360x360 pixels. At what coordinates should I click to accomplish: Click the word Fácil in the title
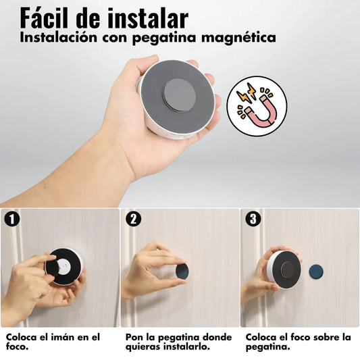tap(51, 17)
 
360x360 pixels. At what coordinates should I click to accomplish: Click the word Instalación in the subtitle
tap(60, 38)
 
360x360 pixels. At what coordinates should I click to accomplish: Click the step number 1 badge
tap(11, 219)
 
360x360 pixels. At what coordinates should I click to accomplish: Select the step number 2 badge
tap(133, 219)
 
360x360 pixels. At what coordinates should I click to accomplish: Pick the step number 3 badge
tap(253, 219)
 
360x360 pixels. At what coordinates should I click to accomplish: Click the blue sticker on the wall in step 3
tap(317, 270)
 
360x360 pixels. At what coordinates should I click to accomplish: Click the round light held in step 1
tap(65, 267)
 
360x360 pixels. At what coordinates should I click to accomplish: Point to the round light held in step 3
tap(283, 268)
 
